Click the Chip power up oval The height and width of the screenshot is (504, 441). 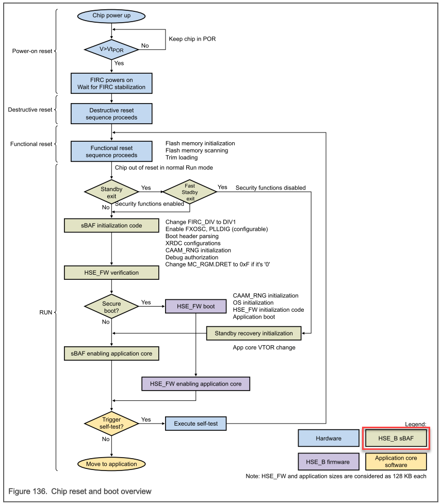(111, 15)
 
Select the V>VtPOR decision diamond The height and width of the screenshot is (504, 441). (111, 49)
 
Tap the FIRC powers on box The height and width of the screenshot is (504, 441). (111, 83)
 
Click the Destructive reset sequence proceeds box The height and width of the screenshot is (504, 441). (111, 114)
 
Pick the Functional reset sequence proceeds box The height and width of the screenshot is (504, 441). (111, 152)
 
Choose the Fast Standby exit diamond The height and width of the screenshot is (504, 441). (190, 192)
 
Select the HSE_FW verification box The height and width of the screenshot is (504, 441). (111, 273)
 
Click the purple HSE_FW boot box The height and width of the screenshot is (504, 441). (195, 306)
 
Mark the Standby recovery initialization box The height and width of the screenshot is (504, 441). (253, 333)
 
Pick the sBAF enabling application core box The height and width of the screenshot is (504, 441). (111, 354)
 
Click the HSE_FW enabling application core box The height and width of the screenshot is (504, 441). (195, 384)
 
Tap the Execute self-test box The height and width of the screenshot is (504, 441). (195, 424)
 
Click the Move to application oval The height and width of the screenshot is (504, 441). (111, 464)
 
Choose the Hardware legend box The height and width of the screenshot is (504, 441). (329, 439)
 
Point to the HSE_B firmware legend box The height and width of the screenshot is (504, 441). (329, 461)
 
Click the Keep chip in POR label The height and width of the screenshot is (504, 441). (192, 39)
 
